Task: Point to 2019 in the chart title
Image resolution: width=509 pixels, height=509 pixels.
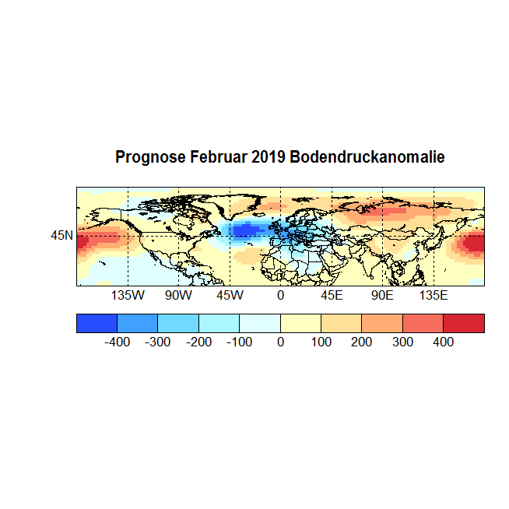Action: pos(269,157)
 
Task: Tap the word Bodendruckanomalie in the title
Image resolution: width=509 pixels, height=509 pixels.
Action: pos(367,157)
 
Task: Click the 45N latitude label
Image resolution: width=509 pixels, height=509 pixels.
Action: pos(62,234)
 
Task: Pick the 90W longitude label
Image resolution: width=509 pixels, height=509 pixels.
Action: pos(178,296)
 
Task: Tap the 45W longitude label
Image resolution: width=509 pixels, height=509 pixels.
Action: pos(229,296)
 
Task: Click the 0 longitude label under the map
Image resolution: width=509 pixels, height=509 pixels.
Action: pos(280,296)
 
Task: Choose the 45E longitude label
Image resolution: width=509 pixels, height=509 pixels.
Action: pos(332,296)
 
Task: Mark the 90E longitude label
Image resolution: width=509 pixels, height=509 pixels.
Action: pos(382,296)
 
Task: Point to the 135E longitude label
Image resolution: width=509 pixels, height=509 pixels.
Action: pos(434,296)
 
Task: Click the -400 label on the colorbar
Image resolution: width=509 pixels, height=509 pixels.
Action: pos(117,342)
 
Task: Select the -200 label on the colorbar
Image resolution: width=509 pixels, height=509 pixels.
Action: pos(198,342)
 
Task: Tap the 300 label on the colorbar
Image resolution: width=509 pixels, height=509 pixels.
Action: pos(402,342)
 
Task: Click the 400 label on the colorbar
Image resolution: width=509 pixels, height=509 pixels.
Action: pos(443,342)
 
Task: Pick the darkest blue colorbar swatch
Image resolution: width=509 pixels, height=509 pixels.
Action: pos(97,323)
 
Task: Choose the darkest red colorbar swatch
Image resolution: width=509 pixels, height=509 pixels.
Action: pos(464,323)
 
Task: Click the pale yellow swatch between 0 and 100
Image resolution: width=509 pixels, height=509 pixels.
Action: pos(300,323)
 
